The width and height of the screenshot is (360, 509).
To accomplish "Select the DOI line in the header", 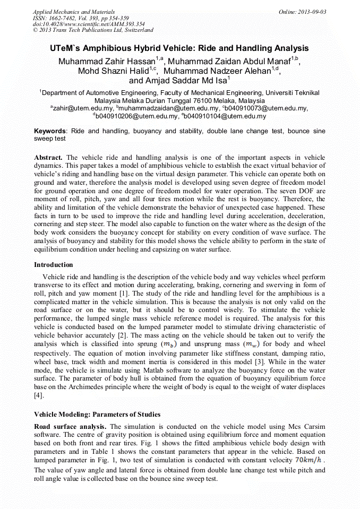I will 89,24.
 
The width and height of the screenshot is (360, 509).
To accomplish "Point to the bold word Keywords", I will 50,131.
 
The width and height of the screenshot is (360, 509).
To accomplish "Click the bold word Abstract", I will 48,158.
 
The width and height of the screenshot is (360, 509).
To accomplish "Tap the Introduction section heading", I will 54,264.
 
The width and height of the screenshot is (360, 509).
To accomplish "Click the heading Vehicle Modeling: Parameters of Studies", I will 97,414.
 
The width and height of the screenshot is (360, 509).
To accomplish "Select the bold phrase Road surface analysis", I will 70,427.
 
